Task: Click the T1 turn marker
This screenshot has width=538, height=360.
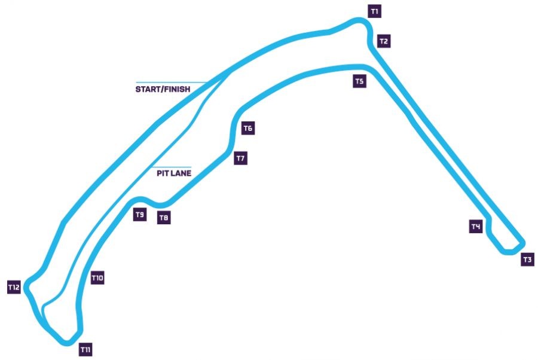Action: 375,11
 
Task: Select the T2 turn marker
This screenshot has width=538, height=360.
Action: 384,41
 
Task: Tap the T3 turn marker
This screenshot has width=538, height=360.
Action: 527,260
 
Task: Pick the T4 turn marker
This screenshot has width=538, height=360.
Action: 476,227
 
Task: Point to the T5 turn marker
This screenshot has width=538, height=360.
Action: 359,81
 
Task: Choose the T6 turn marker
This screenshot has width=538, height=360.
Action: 249,128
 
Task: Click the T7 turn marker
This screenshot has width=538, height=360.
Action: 240,158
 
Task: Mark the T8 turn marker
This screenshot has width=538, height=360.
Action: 164,218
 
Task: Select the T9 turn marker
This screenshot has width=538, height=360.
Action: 140,215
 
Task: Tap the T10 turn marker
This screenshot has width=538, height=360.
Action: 97,278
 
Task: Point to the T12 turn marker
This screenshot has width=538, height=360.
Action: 14,288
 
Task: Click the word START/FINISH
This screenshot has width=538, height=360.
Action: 163,90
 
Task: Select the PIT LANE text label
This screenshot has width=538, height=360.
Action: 174,173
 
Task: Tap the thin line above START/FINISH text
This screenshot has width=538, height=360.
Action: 170,82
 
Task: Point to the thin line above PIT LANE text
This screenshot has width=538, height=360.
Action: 170,167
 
